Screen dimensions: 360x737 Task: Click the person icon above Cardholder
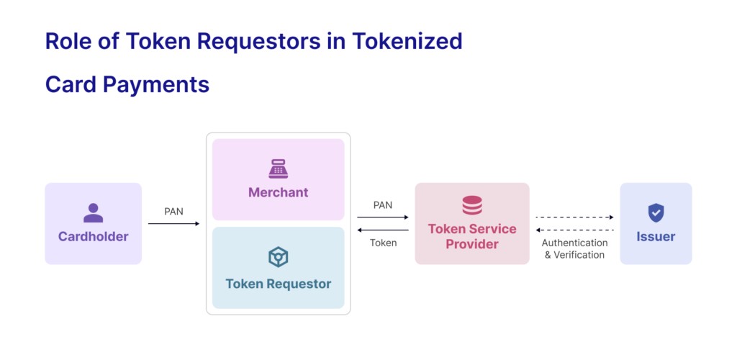tap(93, 212)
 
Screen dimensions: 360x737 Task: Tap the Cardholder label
tap(93, 236)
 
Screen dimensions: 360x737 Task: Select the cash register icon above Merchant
tap(278, 168)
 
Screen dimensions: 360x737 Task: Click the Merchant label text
tap(278, 192)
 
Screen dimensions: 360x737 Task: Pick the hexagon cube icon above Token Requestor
tap(278, 257)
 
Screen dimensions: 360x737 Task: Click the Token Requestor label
tap(278, 284)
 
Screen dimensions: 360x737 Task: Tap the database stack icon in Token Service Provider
tap(472, 205)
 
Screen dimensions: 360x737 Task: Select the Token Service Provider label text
tap(472, 236)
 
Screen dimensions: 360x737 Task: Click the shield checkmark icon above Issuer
tap(656, 212)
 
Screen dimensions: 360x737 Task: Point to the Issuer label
tap(656, 236)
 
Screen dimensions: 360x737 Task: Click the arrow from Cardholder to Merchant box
tap(173, 224)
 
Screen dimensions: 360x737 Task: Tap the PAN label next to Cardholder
tap(173, 212)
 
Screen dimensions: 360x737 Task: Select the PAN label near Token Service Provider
tap(383, 205)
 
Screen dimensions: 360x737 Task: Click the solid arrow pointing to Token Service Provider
tap(383, 217)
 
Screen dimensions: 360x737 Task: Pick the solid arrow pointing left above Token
tap(383, 230)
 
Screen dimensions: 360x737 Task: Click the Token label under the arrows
tap(383, 243)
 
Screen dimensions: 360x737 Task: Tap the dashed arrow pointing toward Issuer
tap(574, 217)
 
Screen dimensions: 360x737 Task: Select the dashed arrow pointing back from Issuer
tap(574, 230)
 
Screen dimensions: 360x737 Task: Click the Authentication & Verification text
tap(574, 248)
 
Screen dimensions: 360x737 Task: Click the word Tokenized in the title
tap(407, 41)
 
